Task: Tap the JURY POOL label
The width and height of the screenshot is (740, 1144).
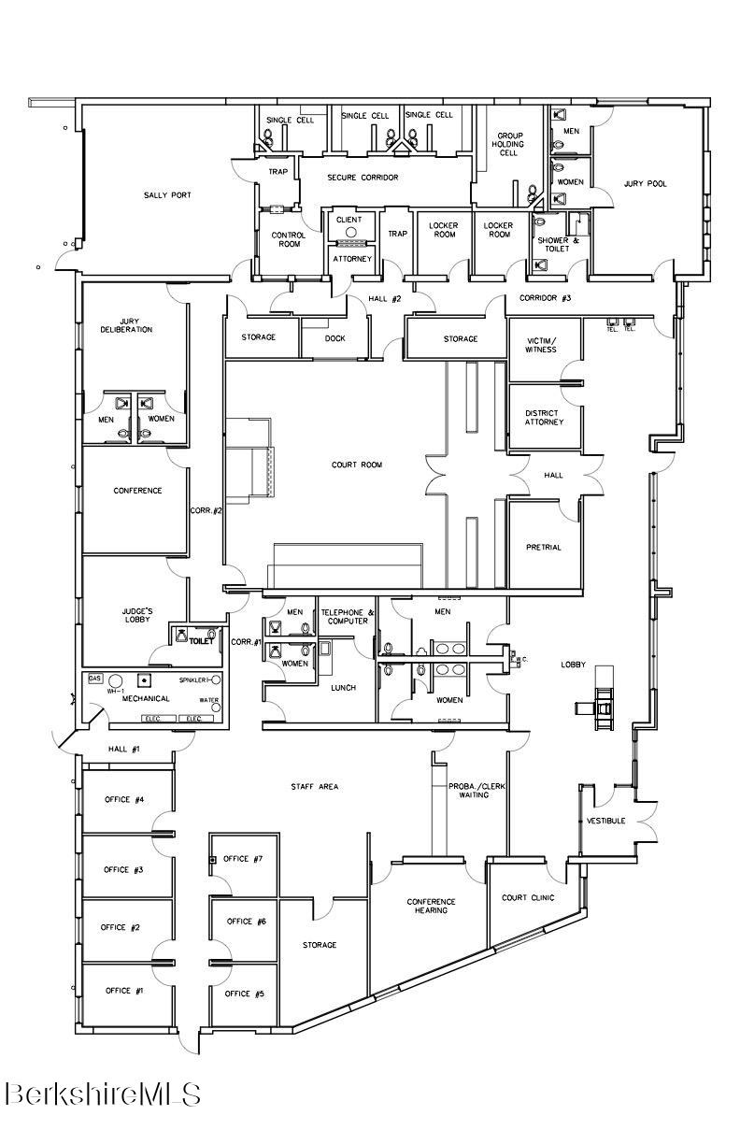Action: point(646,184)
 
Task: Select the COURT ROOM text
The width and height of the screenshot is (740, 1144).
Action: point(357,465)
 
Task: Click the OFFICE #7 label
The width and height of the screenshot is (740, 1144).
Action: point(243,859)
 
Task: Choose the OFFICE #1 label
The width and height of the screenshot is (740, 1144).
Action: point(123,991)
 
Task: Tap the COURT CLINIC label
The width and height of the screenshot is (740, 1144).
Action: point(528,897)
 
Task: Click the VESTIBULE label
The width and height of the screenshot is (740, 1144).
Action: point(605,821)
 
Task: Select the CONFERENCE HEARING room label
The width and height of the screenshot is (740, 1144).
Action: point(431,906)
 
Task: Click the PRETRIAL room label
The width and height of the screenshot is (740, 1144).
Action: point(544,548)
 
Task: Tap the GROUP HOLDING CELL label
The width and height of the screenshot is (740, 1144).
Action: point(509,144)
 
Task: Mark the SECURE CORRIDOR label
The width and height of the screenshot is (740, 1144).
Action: point(363,177)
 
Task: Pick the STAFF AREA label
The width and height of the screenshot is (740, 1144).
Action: point(314,787)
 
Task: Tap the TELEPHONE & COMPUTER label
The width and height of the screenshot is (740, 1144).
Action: point(348,617)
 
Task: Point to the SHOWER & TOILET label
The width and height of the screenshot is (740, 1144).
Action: point(559,245)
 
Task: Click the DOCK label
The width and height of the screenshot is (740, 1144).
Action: point(335,338)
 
